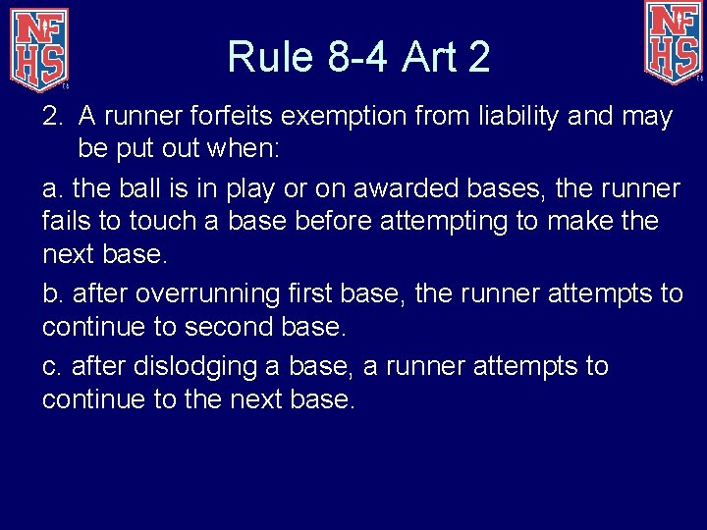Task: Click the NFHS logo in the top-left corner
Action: pos(39,46)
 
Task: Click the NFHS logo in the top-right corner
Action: pos(674,42)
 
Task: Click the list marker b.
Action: pos(51,293)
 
